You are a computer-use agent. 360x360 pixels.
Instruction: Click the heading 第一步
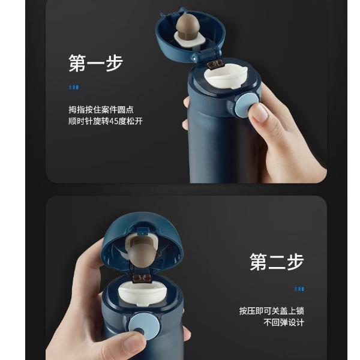click(96, 63)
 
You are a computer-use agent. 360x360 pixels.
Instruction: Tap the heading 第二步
click(277, 262)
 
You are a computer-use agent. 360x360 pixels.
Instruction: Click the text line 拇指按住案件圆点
click(101, 110)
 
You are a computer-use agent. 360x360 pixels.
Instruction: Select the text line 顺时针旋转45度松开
click(106, 121)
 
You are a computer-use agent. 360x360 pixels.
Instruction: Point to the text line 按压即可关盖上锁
click(272, 311)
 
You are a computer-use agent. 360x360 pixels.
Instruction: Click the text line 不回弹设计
click(284, 322)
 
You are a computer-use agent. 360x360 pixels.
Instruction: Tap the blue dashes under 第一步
click(74, 87)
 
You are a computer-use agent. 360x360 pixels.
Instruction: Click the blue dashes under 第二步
click(299, 289)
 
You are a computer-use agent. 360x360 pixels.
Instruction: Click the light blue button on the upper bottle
click(245, 104)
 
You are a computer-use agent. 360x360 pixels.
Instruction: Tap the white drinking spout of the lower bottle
click(143, 295)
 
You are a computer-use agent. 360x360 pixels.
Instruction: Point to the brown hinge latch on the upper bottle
click(215, 64)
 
